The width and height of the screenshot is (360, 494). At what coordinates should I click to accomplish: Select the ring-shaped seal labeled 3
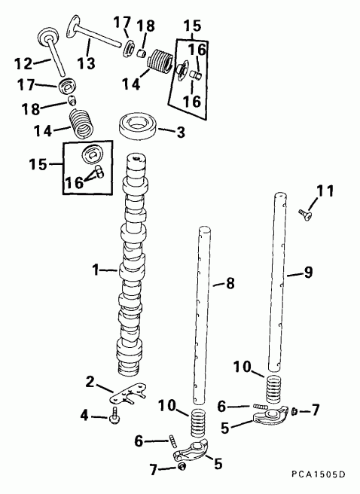[139, 124]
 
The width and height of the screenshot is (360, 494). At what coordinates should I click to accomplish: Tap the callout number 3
[180, 133]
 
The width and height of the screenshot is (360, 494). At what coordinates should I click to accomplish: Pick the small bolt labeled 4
[114, 416]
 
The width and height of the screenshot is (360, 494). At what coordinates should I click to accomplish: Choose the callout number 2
[90, 383]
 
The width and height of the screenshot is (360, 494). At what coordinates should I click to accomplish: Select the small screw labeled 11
[302, 213]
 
